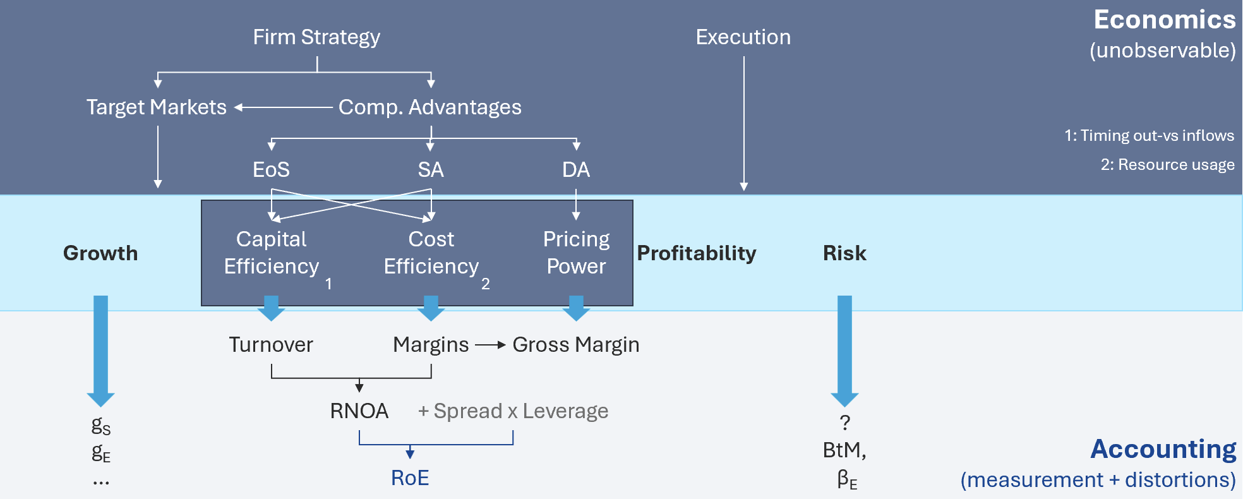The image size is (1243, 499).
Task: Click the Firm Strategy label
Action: pyautogui.click(x=316, y=37)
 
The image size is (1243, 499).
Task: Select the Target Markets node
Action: pyautogui.click(x=157, y=107)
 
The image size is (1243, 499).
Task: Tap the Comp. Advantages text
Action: pyautogui.click(x=429, y=107)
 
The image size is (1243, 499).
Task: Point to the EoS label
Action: pyautogui.click(x=271, y=169)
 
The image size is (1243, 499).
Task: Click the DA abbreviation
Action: pyautogui.click(x=576, y=169)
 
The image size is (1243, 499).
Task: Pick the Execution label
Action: pyautogui.click(x=743, y=37)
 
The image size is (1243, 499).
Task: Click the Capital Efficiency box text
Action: pyautogui.click(x=272, y=253)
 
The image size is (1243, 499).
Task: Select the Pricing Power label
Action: pyautogui.click(x=576, y=253)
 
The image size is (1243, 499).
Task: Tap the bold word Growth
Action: pyautogui.click(x=100, y=253)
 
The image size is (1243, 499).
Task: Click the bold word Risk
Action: pyautogui.click(x=844, y=253)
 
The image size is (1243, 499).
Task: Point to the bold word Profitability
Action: pyautogui.click(x=696, y=253)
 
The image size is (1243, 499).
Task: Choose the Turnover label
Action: pyautogui.click(x=271, y=345)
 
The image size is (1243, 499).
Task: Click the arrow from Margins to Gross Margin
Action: pyautogui.click(x=491, y=345)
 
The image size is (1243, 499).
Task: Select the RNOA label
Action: pyautogui.click(x=359, y=411)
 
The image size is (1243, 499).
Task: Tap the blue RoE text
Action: pyautogui.click(x=410, y=478)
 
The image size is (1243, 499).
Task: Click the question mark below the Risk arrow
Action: pyautogui.click(x=844, y=423)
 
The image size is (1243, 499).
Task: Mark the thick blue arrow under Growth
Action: pyautogui.click(x=100, y=351)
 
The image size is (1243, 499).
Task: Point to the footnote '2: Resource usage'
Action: pyautogui.click(x=1167, y=165)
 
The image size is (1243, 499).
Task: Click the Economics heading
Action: pyautogui.click(x=1165, y=20)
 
